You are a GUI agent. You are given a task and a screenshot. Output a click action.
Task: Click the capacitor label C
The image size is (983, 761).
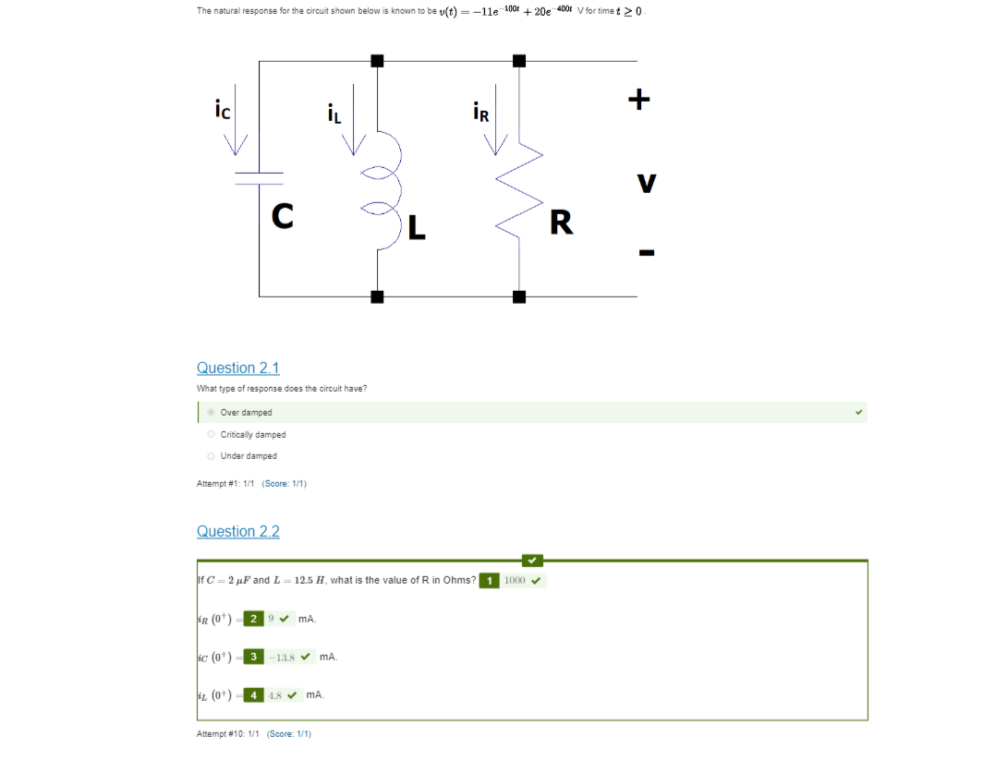(x=283, y=216)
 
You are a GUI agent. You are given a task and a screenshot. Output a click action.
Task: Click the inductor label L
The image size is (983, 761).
(x=417, y=226)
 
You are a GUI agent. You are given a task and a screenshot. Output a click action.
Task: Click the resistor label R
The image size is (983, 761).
(x=560, y=223)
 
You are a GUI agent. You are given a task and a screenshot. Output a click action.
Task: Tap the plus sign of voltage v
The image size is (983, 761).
(x=639, y=99)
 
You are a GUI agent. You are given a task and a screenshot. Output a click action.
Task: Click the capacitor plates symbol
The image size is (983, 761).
(x=260, y=176)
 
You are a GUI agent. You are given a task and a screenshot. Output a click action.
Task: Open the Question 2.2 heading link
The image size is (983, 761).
(x=237, y=531)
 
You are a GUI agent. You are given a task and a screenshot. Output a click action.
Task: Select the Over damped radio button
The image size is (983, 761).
(x=212, y=412)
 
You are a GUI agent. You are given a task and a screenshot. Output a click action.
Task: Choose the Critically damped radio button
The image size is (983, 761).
(x=212, y=434)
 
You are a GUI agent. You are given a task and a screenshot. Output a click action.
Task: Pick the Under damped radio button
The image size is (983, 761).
(x=212, y=455)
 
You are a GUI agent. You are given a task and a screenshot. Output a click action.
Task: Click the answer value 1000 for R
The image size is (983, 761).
(x=515, y=581)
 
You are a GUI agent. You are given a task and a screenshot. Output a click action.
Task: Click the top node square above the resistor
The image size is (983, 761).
(x=519, y=61)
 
